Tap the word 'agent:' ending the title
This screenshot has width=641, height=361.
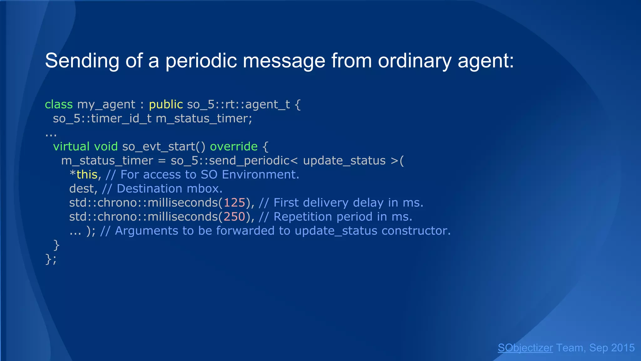click(x=486, y=60)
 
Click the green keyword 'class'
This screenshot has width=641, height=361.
click(x=59, y=104)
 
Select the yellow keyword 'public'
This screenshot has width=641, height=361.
click(x=166, y=104)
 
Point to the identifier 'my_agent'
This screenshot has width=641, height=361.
click(x=106, y=104)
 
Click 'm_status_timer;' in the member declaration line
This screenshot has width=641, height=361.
click(x=204, y=118)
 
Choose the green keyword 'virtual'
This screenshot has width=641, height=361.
click(x=71, y=146)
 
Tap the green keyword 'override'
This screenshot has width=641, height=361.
click(x=234, y=146)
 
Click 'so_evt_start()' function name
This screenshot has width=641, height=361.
click(x=164, y=146)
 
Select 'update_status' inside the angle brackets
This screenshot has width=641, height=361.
click(x=344, y=160)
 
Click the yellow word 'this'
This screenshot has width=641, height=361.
click(x=87, y=175)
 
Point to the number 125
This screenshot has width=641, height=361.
click(x=234, y=203)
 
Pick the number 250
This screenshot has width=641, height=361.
click(x=234, y=217)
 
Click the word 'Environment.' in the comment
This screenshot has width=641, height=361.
click(x=260, y=175)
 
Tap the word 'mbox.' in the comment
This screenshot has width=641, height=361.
click(x=205, y=189)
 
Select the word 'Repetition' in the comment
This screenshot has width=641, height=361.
click(x=303, y=217)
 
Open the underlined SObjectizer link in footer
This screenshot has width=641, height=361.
click(x=525, y=348)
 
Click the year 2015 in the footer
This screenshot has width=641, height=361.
click(x=623, y=348)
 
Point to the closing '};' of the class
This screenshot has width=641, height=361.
click(x=51, y=259)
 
